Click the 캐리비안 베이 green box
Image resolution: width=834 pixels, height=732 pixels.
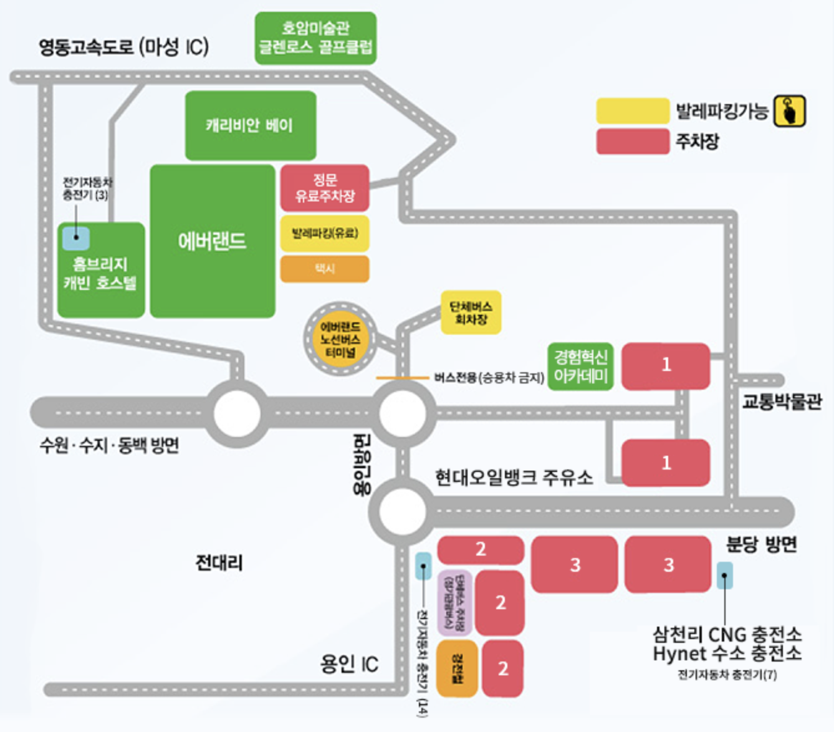pos(251,125)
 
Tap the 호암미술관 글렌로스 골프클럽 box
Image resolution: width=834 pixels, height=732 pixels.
pos(315,38)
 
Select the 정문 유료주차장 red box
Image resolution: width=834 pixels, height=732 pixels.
pos(325,188)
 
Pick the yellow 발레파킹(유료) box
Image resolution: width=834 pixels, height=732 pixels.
pos(325,234)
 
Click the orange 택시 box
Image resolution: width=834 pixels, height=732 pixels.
pos(325,269)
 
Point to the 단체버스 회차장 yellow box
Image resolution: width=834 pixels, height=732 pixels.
pos(471,312)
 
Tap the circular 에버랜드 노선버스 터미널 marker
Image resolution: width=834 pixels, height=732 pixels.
pos(340,340)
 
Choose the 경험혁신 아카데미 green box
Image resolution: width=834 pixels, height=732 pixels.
pos(580,367)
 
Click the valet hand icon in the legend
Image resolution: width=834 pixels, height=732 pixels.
pos(790,112)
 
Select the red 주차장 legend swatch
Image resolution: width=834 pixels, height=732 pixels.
pos(632,142)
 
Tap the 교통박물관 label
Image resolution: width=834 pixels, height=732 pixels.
pos(782,402)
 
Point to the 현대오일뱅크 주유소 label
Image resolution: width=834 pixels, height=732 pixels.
pos(514,478)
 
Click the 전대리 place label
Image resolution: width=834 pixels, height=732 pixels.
pos(219,563)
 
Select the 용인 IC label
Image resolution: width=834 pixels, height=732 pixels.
pos(349,664)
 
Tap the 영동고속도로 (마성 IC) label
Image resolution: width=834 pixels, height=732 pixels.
pos(123,47)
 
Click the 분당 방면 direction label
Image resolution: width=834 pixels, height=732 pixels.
pos(762,544)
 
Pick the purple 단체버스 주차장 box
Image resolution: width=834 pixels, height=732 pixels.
pos(454,602)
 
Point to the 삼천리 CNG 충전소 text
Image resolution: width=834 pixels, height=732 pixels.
pos(727,635)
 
